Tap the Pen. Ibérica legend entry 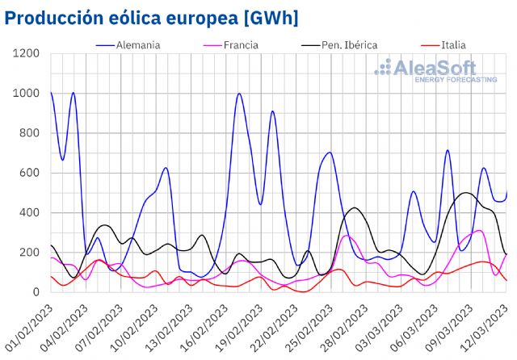tap(344, 44)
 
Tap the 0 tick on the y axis tap(36, 292)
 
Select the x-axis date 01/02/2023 tap(28, 327)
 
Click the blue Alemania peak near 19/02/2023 tap(239, 94)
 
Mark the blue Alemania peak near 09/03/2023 tap(448, 150)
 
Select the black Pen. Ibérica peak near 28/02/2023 tap(355, 208)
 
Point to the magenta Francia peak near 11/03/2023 tap(480, 231)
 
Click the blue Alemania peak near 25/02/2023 tap(329, 153)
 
